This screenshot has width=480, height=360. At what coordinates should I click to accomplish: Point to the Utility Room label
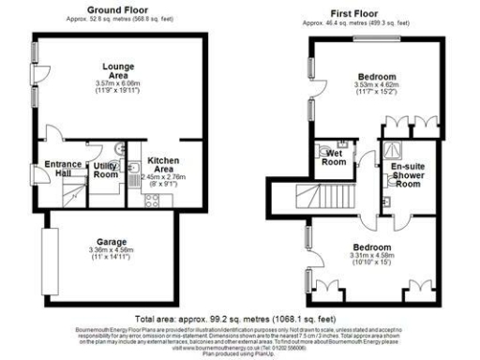coord(105,171)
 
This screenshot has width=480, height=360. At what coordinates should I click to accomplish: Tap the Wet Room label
coord(334,157)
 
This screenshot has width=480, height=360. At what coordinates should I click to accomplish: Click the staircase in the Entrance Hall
coord(71,195)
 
